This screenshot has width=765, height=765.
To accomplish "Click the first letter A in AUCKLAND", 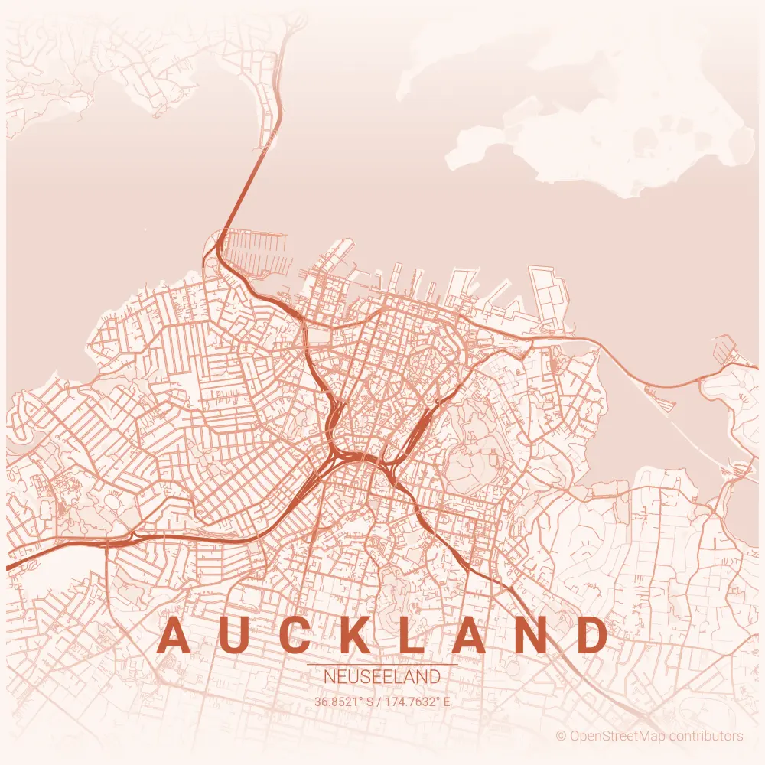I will click(174, 636).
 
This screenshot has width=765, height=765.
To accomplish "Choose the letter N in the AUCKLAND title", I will click(532, 636).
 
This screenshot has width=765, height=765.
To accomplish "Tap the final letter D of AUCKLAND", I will click(592, 636).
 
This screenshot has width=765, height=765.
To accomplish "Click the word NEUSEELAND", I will click(382, 678).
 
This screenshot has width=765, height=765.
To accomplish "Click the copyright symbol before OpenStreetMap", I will click(561, 736).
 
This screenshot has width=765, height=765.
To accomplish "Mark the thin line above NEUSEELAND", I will click(382, 665).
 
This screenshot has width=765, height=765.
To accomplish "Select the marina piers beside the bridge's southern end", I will click(260, 252).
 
